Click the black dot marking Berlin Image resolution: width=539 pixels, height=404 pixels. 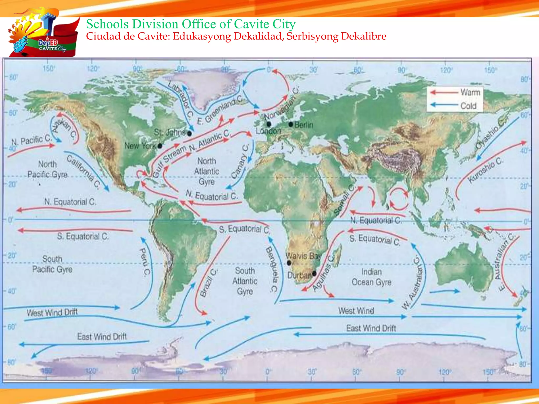coord(291,124)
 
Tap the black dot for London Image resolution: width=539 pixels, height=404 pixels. coord(269,124)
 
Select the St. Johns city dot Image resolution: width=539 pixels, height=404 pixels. coord(189,134)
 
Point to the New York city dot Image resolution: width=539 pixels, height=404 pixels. coord(160,146)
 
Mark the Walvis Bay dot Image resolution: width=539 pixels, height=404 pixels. coord(289,263)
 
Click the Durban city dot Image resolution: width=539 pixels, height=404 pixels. coord(314,274)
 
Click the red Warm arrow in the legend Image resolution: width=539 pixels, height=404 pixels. coord(444,92)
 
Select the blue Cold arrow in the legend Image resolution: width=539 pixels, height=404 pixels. coord(444,105)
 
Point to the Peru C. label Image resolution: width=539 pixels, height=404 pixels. coord(144,262)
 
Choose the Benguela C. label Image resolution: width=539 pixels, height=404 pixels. coord(272,269)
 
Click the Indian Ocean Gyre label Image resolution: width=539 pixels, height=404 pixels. coord(371,277)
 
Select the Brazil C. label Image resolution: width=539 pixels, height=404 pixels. coord(208,283)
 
